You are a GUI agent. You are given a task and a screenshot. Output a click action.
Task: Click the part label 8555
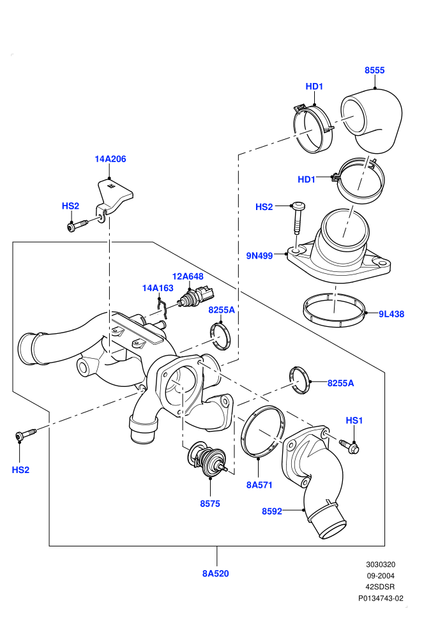[x=374, y=70]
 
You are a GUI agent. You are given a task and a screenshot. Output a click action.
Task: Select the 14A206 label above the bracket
[x=110, y=159]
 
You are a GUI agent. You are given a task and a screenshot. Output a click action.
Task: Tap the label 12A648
[x=188, y=276]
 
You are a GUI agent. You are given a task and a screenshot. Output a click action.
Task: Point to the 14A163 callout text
[x=158, y=288]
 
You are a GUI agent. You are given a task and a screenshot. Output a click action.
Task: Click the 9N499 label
[x=259, y=255]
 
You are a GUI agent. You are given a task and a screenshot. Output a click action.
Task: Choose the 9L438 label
[x=391, y=314]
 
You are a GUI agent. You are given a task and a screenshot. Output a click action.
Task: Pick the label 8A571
[x=259, y=485]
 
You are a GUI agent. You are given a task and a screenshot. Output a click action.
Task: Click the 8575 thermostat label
[x=210, y=504]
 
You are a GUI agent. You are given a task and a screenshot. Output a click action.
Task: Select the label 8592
[x=272, y=511]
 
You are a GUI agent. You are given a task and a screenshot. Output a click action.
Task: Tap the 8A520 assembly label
[x=216, y=573]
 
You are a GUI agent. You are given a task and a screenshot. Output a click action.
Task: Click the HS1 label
[x=354, y=421]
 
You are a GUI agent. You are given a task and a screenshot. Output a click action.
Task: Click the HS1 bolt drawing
[x=349, y=446]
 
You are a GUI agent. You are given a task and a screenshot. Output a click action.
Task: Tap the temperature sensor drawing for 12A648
[x=197, y=296]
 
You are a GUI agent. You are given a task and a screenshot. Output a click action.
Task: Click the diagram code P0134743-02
[x=381, y=599]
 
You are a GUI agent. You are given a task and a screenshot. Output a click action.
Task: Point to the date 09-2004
[x=381, y=576]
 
